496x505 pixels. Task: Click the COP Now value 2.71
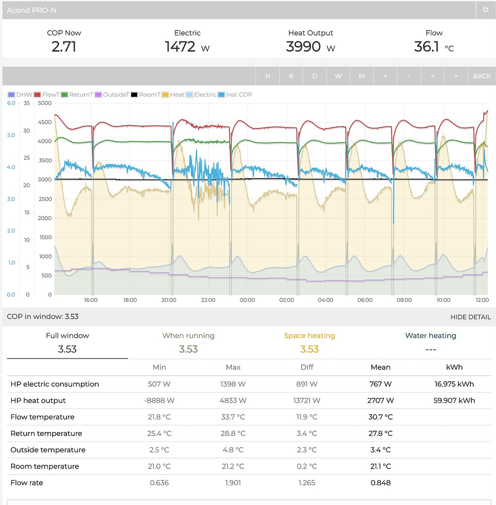64,47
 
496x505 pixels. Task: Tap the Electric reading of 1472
180,47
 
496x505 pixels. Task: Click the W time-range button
338,76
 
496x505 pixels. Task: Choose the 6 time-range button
291,76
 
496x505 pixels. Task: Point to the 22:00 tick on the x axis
208,300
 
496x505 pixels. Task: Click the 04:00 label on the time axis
325,300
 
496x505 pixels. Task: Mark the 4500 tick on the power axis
45,122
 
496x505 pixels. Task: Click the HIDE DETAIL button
470,317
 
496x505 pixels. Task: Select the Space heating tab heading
309,336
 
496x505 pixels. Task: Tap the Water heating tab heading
430,336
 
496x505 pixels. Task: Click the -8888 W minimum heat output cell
159,400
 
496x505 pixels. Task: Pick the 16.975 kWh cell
454,384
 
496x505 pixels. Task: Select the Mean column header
381,367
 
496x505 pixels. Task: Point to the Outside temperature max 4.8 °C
233,450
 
